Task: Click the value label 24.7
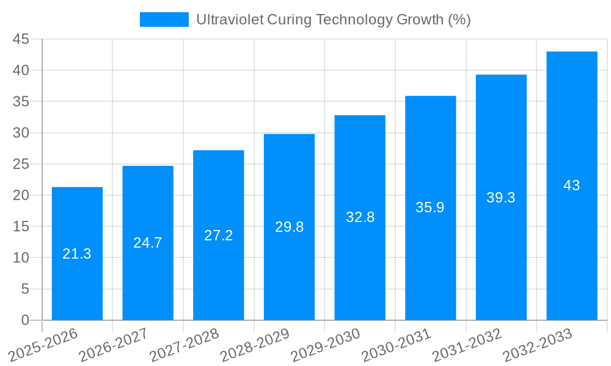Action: pos(148,243)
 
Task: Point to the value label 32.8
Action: pos(360,217)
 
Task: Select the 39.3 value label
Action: pos(501,198)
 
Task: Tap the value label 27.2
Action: pos(219,235)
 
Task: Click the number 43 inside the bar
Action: pos(571,185)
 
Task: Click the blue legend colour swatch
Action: pos(164,20)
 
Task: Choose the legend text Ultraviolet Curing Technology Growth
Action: pos(333,20)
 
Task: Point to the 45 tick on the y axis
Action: pos(21,39)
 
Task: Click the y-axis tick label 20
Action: pos(21,195)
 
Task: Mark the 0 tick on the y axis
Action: pos(25,320)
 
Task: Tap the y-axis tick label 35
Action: pos(21,101)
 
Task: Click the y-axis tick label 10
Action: pos(21,257)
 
